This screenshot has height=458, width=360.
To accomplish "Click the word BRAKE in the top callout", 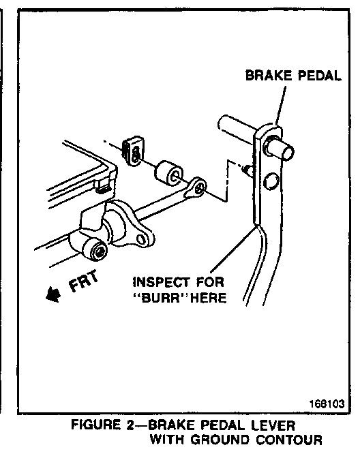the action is (x=269, y=76).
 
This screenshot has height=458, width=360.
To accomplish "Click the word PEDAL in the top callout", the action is (x=320, y=76).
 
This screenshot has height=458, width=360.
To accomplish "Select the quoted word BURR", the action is (x=162, y=298).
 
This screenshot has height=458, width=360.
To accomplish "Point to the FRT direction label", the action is (x=83, y=281).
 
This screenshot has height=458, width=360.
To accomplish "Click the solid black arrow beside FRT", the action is (x=53, y=294).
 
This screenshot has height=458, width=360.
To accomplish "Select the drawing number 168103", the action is (x=327, y=404).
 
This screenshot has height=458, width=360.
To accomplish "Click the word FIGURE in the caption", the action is (x=96, y=425).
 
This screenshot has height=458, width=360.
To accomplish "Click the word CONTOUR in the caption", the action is (x=289, y=440).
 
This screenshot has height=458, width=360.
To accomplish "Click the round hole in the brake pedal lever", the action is (x=271, y=181).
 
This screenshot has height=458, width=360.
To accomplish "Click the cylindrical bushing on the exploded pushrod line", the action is (x=169, y=173).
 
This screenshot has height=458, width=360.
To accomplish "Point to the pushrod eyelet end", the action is (x=196, y=187).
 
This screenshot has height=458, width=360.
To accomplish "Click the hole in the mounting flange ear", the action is (x=141, y=239).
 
